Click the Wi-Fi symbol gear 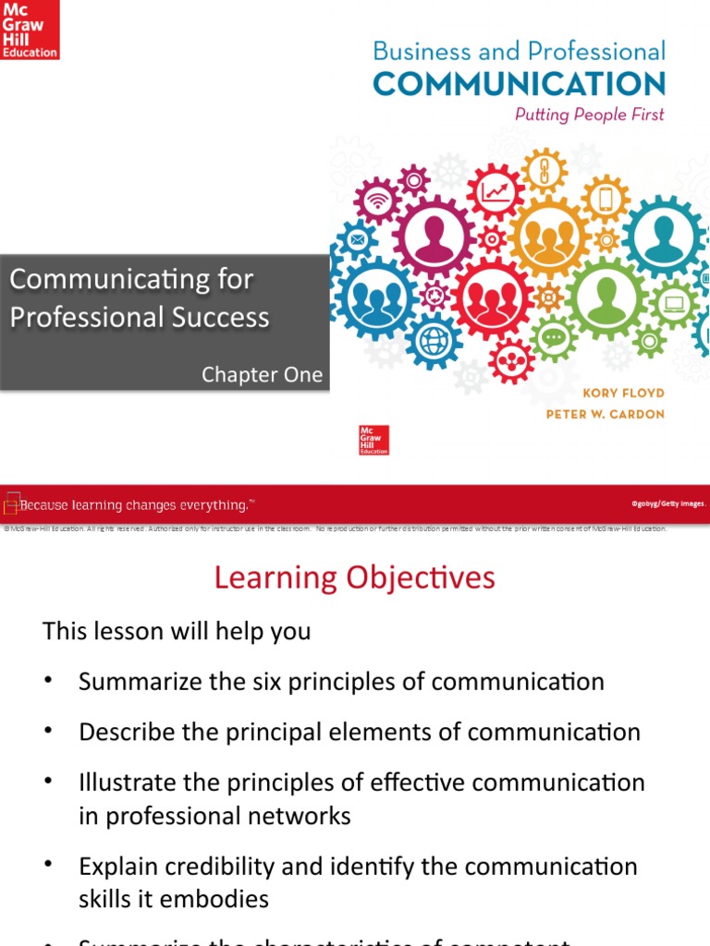pyautogui.click(x=377, y=200)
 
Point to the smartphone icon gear pyautogui.click(x=606, y=199)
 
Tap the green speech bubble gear pyautogui.click(x=555, y=338)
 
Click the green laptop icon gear pyautogui.click(x=674, y=303)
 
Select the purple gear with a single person pyautogui.click(x=434, y=237)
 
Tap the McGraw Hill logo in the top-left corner pyautogui.click(x=30, y=30)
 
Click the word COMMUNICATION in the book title pyautogui.click(x=519, y=84)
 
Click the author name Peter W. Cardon pyautogui.click(x=605, y=414)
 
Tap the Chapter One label pyautogui.click(x=263, y=374)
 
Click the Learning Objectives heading pyautogui.click(x=355, y=578)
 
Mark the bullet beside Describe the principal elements pyautogui.click(x=49, y=732)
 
